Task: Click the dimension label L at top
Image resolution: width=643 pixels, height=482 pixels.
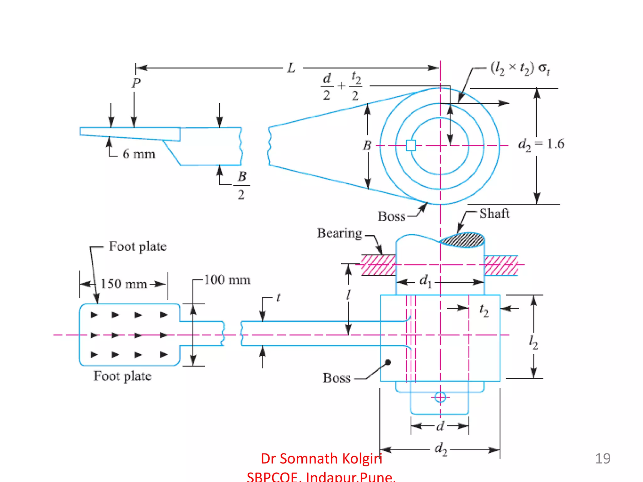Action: click(291, 68)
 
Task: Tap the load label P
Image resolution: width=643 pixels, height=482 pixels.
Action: click(136, 83)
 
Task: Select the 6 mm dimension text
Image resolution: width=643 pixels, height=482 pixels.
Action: click(139, 154)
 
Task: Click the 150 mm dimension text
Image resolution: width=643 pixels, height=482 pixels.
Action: click(124, 284)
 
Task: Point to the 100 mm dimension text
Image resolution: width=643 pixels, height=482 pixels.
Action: click(227, 280)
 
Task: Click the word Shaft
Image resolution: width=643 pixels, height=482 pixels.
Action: click(494, 214)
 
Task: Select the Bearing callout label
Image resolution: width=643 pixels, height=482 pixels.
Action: click(339, 233)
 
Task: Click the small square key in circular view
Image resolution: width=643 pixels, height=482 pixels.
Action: click(411, 145)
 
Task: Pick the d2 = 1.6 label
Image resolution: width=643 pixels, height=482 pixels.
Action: click(541, 144)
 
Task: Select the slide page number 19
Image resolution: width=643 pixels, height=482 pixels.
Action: click(602, 458)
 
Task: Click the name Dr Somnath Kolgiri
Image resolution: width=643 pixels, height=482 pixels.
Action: click(321, 458)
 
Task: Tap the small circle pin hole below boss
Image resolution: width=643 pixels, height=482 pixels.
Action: click(440, 397)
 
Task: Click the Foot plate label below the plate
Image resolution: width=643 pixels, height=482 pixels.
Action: click(122, 376)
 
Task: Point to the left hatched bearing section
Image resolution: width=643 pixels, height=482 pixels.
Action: click(378, 265)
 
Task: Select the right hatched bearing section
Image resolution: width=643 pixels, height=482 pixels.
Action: click(501, 265)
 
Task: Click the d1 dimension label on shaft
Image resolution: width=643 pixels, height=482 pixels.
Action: click(425, 281)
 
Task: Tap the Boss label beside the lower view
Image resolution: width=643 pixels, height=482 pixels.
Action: click(337, 378)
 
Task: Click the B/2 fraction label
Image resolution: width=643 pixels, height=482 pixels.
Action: click(241, 185)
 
